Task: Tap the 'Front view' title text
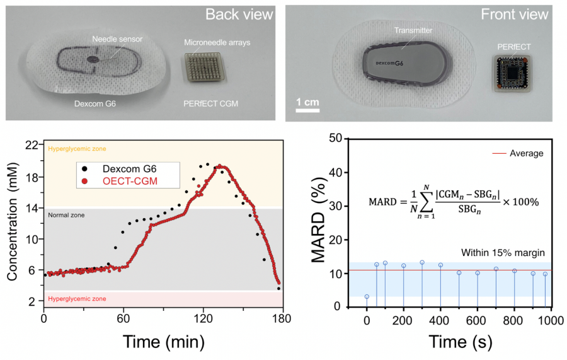[523, 14]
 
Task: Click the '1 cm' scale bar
[307, 103]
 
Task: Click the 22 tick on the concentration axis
[32, 146]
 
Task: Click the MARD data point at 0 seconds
[367, 296]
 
